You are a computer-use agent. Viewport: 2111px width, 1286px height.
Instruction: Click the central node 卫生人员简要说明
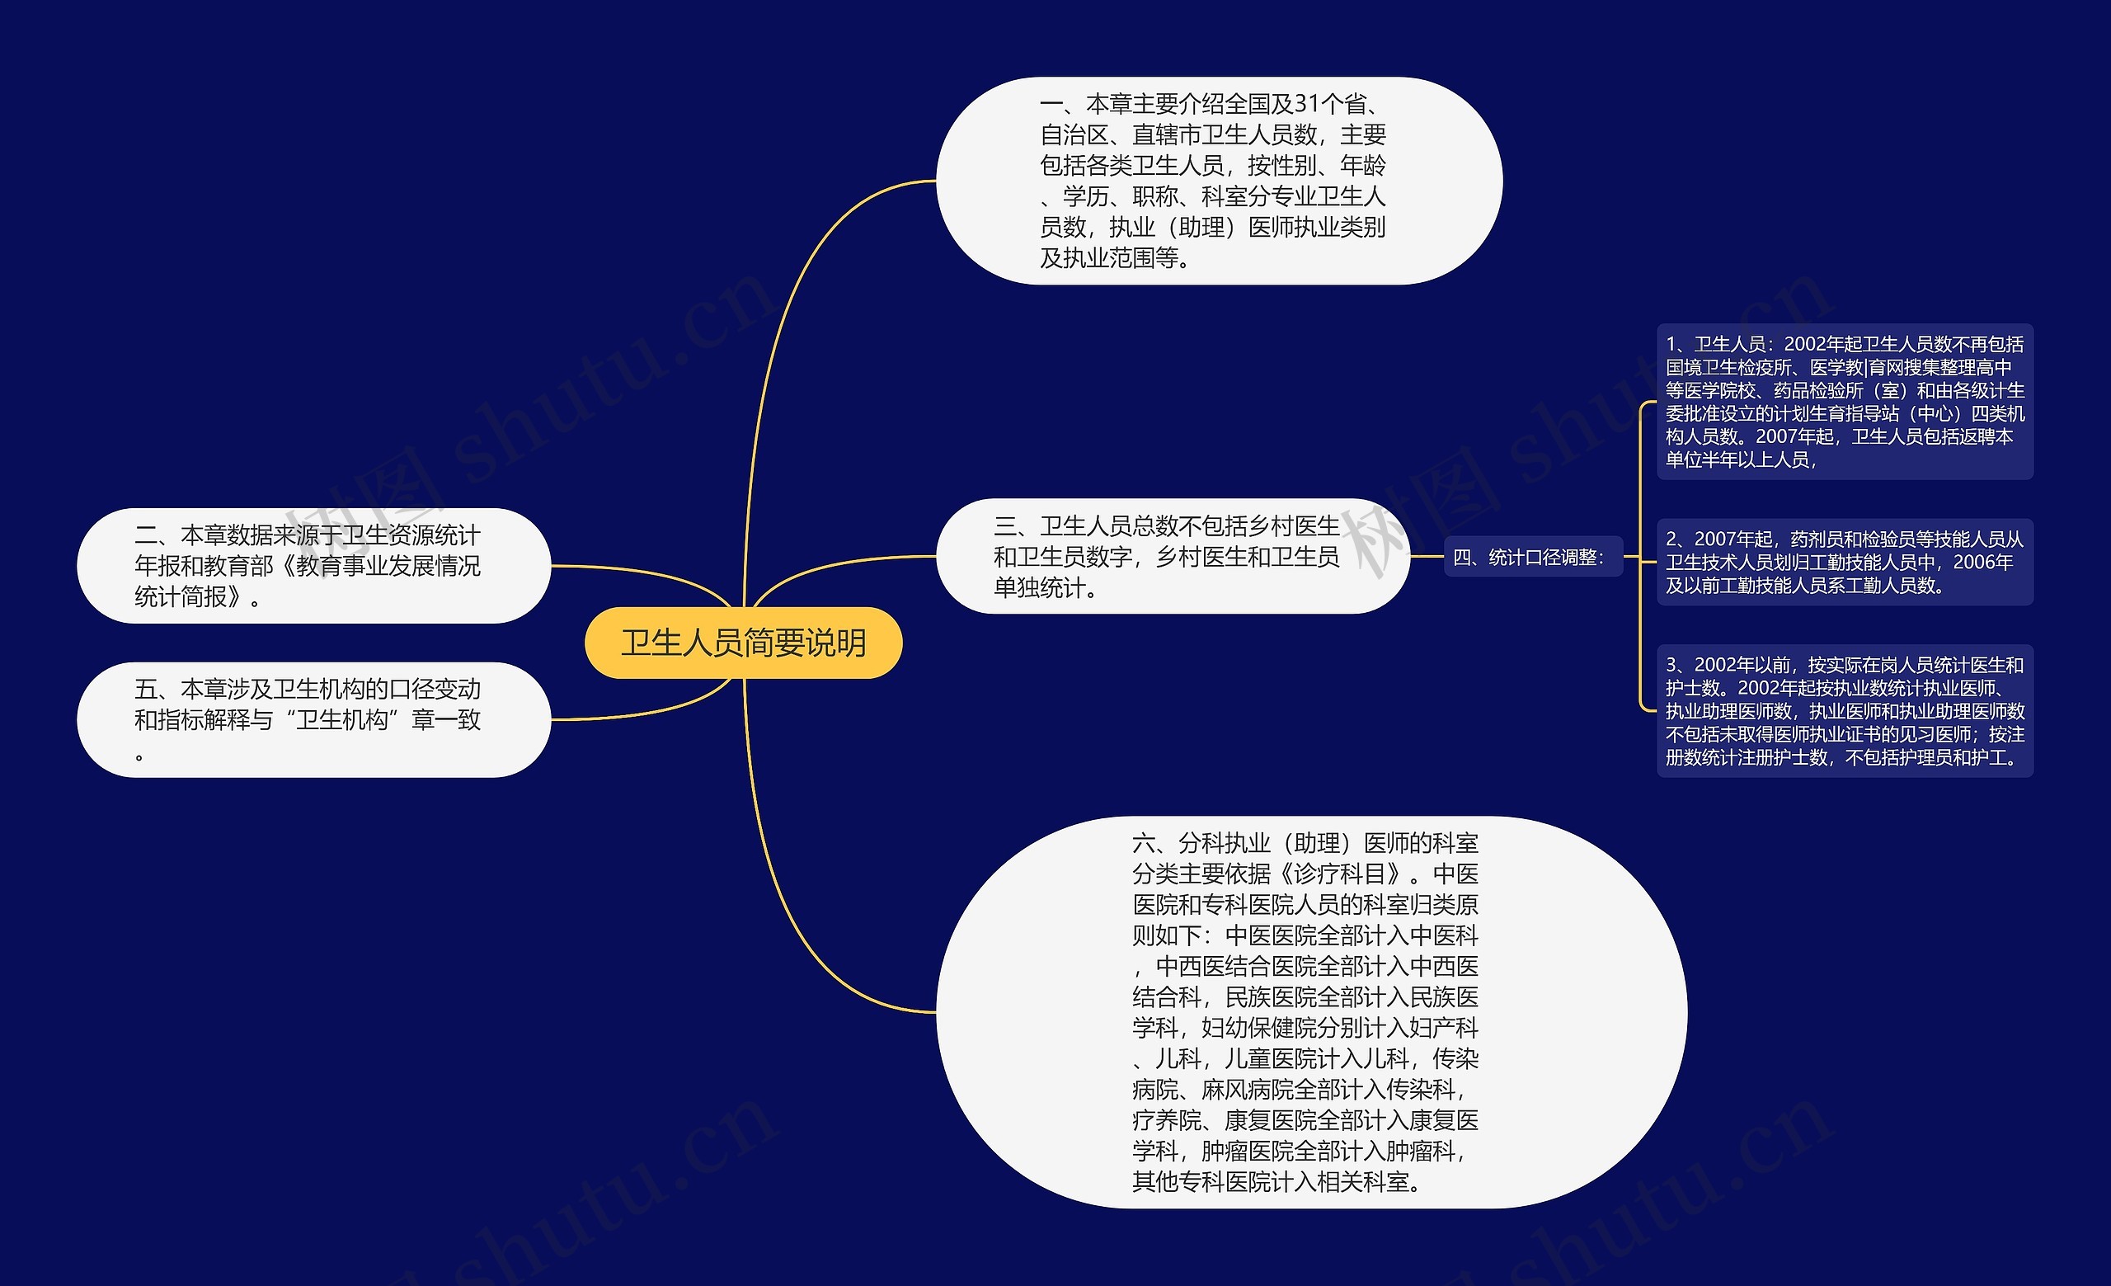pos(743,643)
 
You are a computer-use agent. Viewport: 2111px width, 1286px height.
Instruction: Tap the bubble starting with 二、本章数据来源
pos(313,566)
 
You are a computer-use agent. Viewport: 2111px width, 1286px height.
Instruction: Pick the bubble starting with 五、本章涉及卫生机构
pos(313,719)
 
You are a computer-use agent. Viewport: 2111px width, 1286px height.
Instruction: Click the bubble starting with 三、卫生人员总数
pos(1172,556)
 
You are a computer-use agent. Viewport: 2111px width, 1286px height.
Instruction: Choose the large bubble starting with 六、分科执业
pos(1311,1012)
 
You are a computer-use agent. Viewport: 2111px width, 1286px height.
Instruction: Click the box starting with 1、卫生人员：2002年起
pos(1845,402)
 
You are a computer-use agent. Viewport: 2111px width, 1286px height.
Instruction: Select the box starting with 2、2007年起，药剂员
pos(1845,562)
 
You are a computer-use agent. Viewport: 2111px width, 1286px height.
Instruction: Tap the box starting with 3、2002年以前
pos(1845,711)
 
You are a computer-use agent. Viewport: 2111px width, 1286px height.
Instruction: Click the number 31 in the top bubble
pos(1306,105)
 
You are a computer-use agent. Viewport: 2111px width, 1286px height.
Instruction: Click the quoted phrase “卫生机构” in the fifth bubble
pos(342,719)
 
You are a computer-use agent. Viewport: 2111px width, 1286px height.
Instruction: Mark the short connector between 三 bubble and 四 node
pos(1427,557)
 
